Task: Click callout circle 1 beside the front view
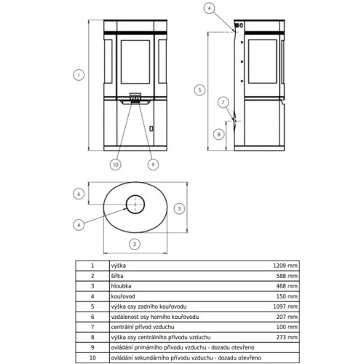[79, 75]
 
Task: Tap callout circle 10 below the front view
[116, 165]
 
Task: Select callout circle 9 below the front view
[153, 165]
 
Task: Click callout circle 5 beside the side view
[199, 90]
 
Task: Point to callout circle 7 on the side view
[223, 103]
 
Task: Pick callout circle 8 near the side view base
[218, 134]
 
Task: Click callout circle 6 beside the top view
[79, 194]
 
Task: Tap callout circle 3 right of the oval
[179, 208]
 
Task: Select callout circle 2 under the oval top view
[135, 244]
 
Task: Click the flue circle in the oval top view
[135, 195]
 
